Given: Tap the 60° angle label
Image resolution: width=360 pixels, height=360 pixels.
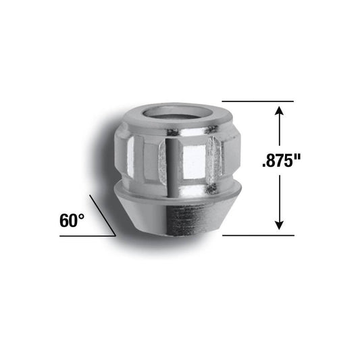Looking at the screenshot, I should pyautogui.click(x=72, y=220).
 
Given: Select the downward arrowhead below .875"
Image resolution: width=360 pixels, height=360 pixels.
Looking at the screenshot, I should pyautogui.click(x=278, y=225).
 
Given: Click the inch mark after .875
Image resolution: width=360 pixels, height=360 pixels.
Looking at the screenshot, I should pyautogui.click(x=297, y=159).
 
